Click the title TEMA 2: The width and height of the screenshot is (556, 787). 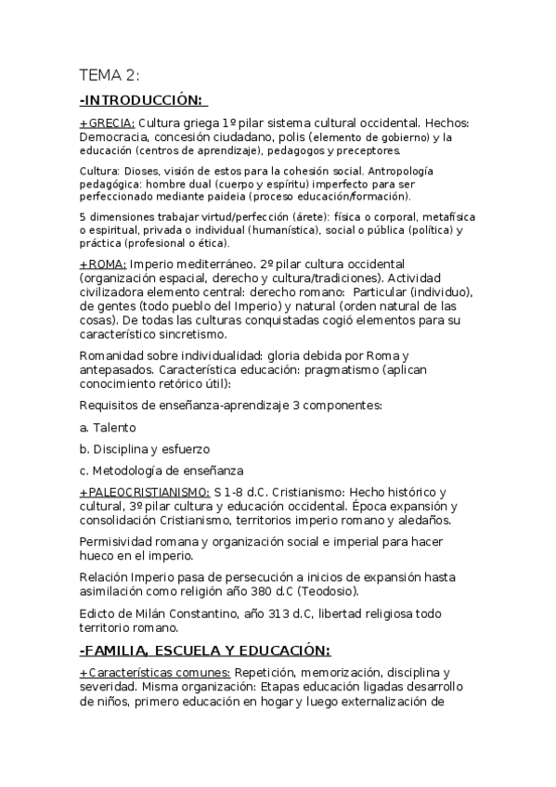point(109,76)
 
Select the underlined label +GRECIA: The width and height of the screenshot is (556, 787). point(107,123)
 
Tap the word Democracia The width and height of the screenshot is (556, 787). point(113,137)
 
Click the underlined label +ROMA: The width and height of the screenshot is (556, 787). point(103,264)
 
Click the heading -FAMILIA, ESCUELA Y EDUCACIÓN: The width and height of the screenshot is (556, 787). point(205,650)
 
